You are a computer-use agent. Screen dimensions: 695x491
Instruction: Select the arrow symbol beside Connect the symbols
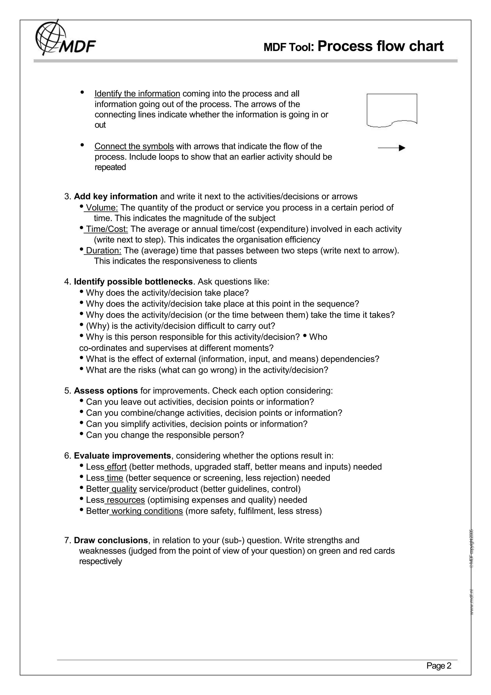(392, 148)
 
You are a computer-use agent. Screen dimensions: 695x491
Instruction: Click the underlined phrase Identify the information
(137, 94)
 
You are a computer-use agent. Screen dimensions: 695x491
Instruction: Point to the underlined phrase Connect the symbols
(134, 147)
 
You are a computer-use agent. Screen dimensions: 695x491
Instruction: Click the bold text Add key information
(116, 196)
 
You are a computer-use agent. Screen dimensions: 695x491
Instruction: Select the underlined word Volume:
(102, 208)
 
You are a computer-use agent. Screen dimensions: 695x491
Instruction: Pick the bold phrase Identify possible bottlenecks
(133, 282)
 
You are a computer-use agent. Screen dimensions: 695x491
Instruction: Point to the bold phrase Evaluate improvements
(122, 456)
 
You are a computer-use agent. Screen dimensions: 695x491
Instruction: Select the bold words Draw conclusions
(111, 540)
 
